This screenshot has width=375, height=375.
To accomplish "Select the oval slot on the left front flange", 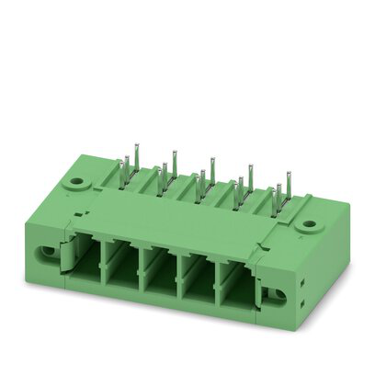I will pyautogui.click(x=43, y=250).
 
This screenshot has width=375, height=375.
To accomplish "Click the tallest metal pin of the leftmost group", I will pyautogui.click(x=136, y=156).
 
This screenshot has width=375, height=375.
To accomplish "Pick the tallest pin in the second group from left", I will pyautogui.click(x=174, y=163).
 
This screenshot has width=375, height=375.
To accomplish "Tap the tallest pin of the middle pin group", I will pyautogui.click(x=212, y=171).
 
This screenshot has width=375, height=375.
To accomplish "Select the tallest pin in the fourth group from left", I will pyautogui.click(x=250, y=178).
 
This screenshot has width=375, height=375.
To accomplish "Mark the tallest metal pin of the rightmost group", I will pyautogui.click(x=288, y=186).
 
